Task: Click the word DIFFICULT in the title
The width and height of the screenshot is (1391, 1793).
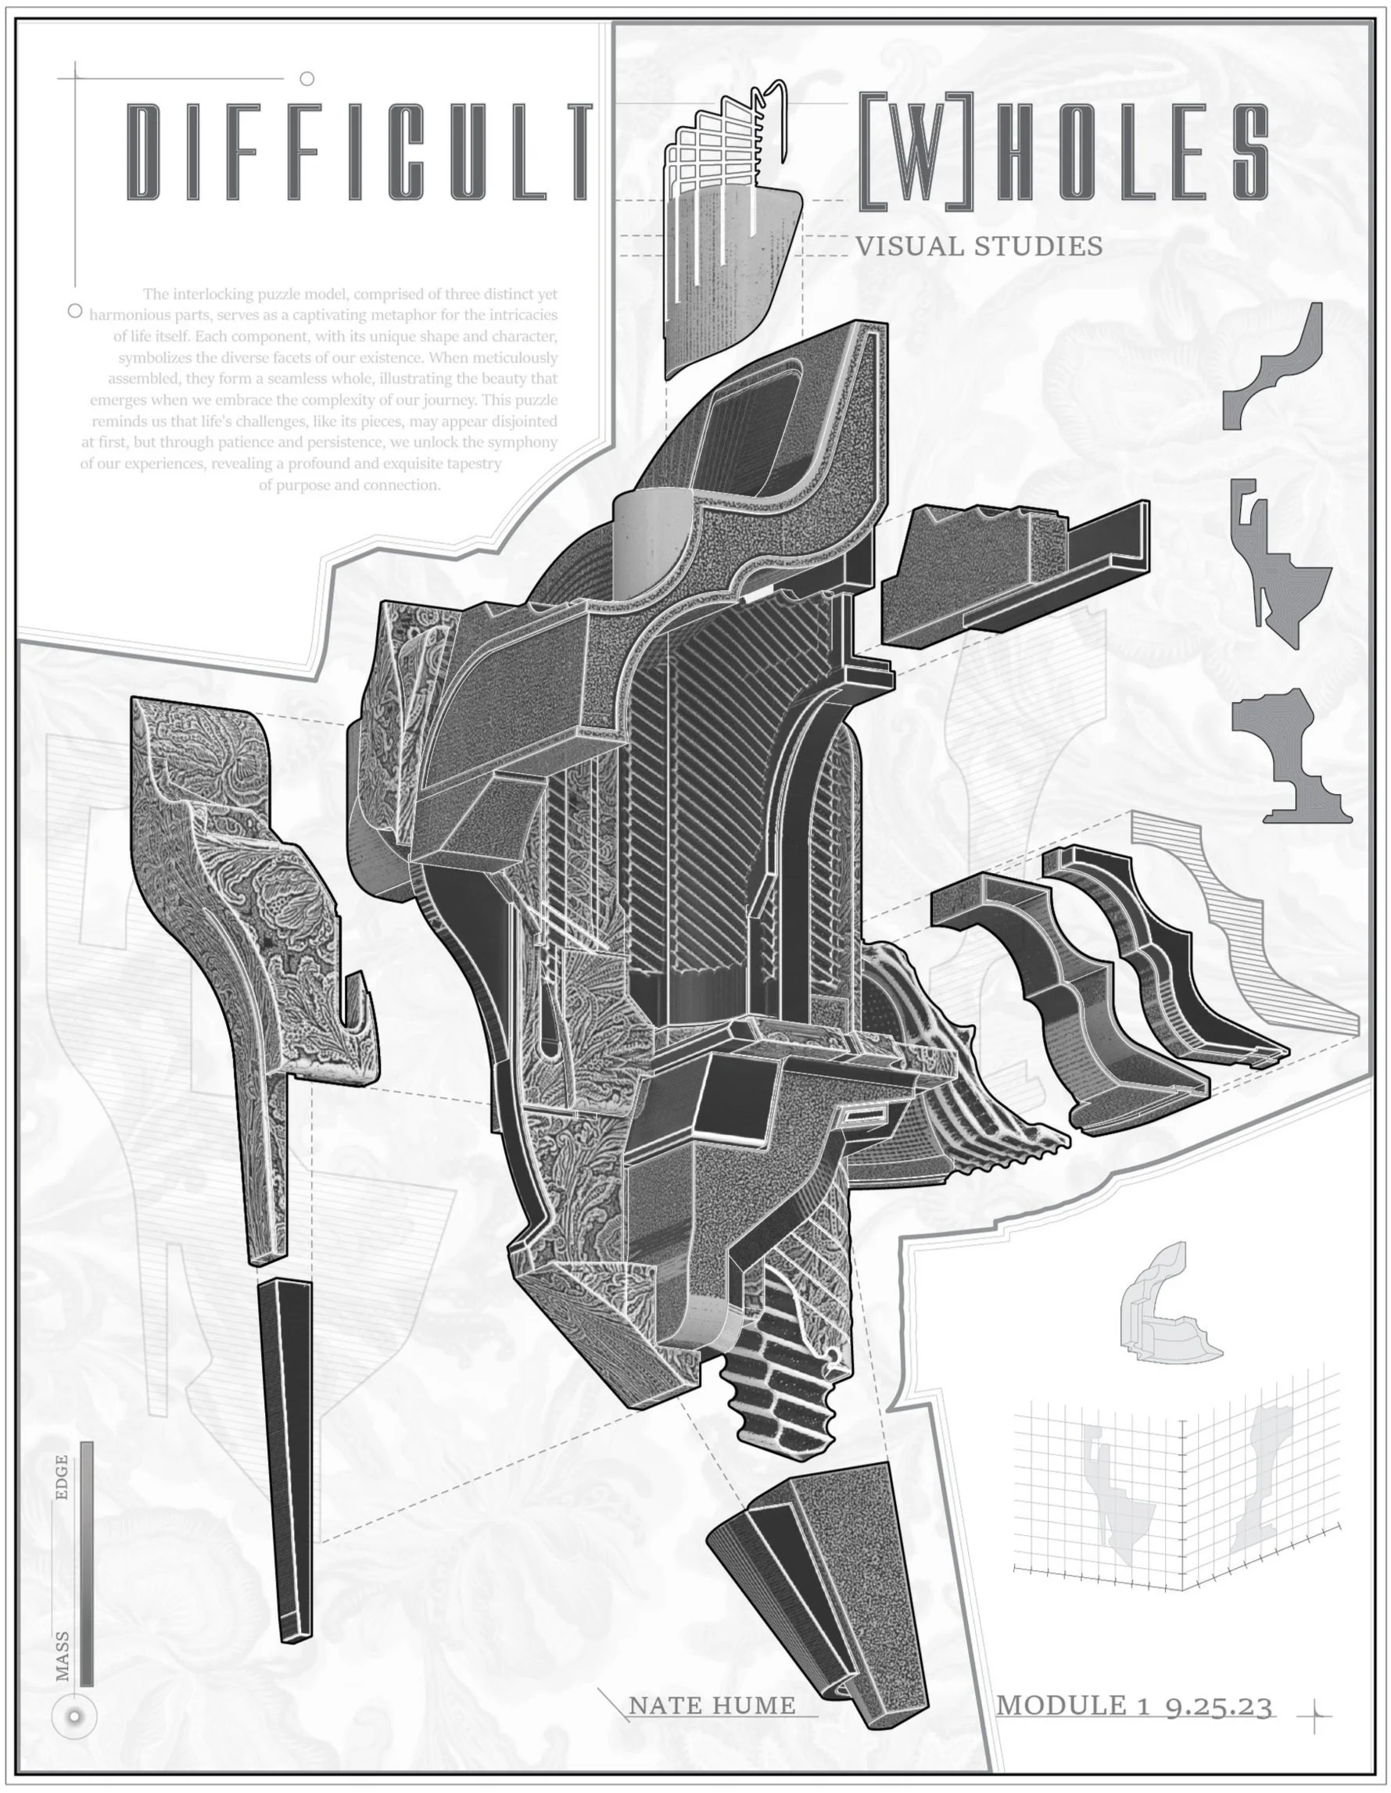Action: [x=358, y=152]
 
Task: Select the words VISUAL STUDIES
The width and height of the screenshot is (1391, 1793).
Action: [x=979, y=246]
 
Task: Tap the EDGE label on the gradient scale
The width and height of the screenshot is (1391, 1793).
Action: [x=62, y=1477]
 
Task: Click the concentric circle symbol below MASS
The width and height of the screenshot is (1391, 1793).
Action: [x=75, y=1716]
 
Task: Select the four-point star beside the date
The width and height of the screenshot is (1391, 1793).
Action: [x=1314, y=1715]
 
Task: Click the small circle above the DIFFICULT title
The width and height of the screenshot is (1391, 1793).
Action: [x=307, y=79]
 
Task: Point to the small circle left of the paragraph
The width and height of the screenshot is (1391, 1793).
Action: [x=75, y=311]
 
